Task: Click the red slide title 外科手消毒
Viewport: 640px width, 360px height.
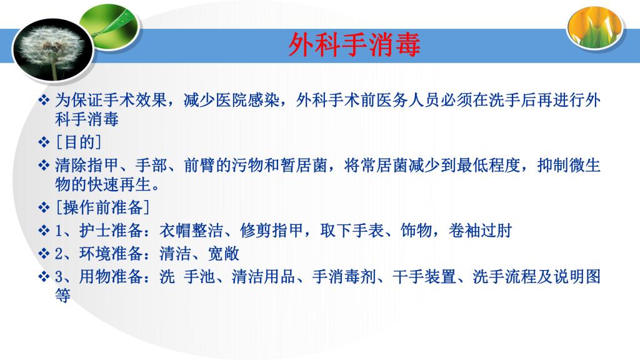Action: [x=354, y=44]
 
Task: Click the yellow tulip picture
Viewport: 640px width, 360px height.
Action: [x=595, y=27]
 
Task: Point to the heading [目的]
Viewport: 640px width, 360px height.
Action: [x=78, y=142]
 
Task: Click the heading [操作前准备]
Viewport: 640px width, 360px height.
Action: [x=102, y=207]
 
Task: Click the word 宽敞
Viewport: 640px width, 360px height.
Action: [x=224, y=254]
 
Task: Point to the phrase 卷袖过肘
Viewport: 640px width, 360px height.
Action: [x=480, y=231]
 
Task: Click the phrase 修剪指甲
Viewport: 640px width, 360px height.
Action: [x=271, y=231]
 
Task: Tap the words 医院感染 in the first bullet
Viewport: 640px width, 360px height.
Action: [x=247, y=100]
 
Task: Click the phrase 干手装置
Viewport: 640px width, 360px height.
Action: [x=424, y=276]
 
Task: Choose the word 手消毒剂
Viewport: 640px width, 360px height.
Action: [x=344, y=276]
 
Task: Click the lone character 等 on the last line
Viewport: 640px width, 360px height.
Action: [x=63, y=295]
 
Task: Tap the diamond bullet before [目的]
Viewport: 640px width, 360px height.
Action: [x=44, y=142]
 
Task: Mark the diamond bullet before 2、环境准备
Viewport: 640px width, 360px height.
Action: [x=44, y=254]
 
